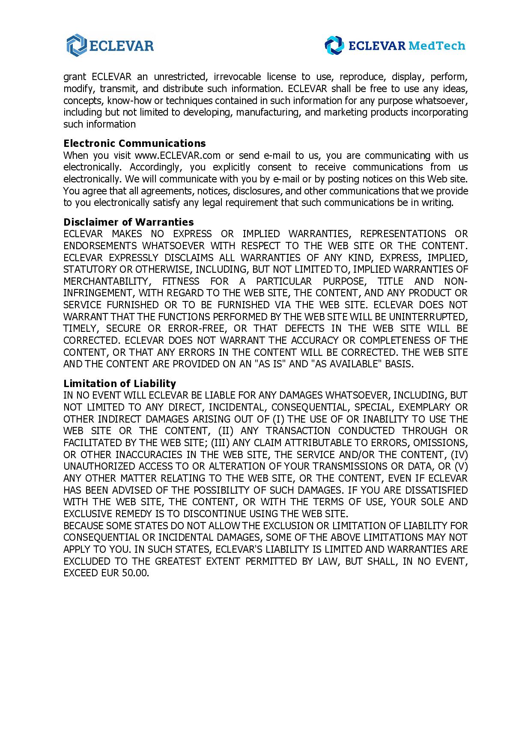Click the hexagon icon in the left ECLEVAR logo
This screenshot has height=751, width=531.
click(x=77, y=45)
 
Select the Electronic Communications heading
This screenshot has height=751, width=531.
click(x=134, y=143)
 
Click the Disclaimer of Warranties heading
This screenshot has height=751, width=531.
click(x=128, y=222)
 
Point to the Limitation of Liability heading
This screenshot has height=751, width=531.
click(x=119, y=384)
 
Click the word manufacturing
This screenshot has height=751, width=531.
click(x=268, y=113)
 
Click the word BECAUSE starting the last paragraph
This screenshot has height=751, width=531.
click(x=83, y=526)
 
